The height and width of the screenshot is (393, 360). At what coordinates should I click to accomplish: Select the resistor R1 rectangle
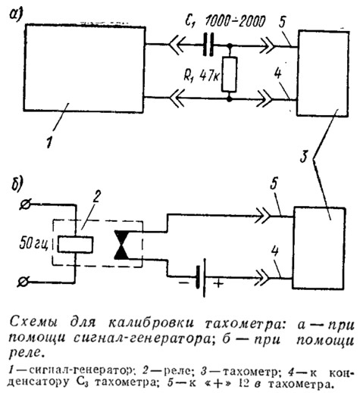click(x=230, y=74)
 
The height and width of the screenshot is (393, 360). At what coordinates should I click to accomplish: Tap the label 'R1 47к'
click(x=202, y=75)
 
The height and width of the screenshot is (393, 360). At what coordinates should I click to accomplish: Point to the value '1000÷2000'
click(x=235, y=20)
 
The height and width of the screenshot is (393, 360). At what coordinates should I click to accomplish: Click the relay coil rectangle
click(x=75, y=244)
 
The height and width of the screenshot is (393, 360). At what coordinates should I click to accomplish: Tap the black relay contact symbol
click(x=122, y=245)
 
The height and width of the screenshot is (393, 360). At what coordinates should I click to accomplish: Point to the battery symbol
click(x=200, y=278)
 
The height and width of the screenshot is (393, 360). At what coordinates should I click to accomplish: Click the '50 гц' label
click(x=33, y=243)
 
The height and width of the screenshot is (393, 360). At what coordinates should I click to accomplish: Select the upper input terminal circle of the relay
click(x=26, y=204)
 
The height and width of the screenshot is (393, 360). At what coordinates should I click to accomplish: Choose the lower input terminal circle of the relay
click(x=23, y=282)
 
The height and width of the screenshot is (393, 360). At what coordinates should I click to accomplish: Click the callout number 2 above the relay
click(x=96, y=197)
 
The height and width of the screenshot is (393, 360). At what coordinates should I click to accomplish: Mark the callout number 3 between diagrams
click(x=304, y=157)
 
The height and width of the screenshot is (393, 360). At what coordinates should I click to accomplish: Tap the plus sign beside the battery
click(x=218, y=284)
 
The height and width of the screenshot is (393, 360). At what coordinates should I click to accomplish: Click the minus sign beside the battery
click(x=184, y=283)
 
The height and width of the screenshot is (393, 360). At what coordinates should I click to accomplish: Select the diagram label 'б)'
click(x=17, y=182)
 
